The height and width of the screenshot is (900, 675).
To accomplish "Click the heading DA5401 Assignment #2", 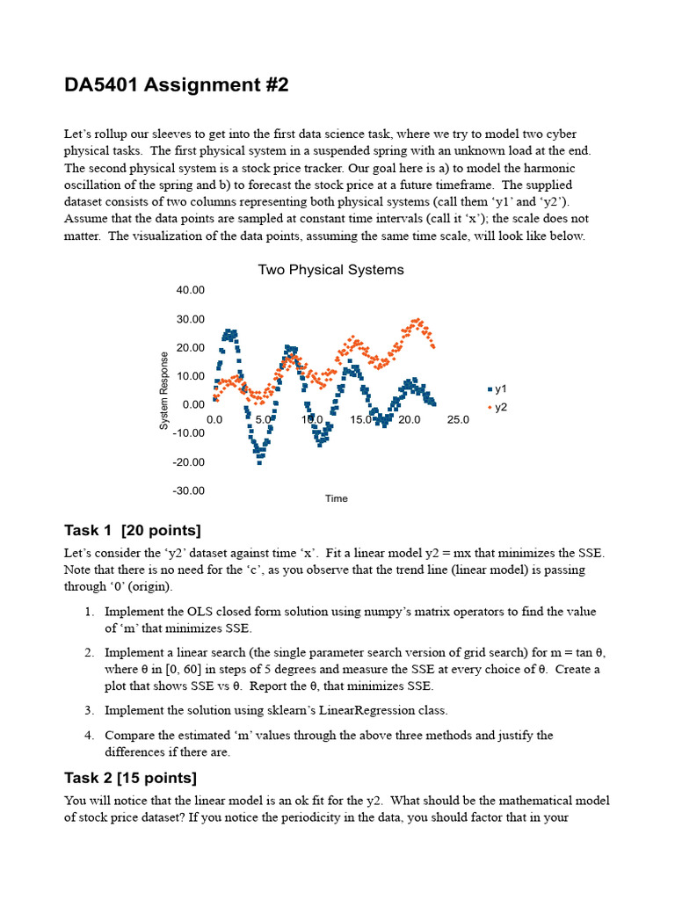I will (176, 85).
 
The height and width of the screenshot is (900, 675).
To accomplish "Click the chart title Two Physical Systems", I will (330, 270).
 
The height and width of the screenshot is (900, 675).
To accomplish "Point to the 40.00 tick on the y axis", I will (190, 290).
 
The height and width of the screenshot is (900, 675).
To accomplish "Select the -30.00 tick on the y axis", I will (188, 490).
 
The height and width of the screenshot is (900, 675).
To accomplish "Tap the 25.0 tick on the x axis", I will (458, 420).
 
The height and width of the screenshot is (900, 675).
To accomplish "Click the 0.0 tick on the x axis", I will (214, 420).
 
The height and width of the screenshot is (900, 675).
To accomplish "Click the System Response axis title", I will (164, 390).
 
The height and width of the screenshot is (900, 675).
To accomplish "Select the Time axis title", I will (337, 498).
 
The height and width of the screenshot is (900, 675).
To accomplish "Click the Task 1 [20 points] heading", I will (133, 530).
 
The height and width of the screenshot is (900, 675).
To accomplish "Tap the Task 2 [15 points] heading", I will (131, 778).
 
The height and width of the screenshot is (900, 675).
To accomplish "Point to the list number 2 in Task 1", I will (90, 653).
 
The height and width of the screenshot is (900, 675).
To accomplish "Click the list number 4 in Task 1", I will (90, 735).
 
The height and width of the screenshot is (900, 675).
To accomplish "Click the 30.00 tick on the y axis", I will (190, 319).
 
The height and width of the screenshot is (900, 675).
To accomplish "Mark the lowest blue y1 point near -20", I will (259, 461).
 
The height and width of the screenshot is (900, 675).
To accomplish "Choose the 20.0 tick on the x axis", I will (410, 420).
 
